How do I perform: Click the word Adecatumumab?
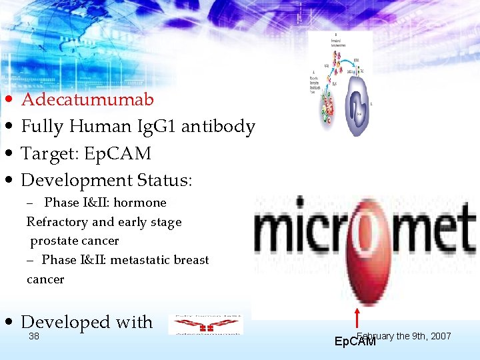click(87, 100)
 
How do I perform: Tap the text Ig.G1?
click(155, 127)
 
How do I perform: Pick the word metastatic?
click(138, 260)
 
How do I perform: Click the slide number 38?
click(34, 337)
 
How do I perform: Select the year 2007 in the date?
click(441, 336)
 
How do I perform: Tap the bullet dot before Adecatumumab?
click(7, 101)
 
